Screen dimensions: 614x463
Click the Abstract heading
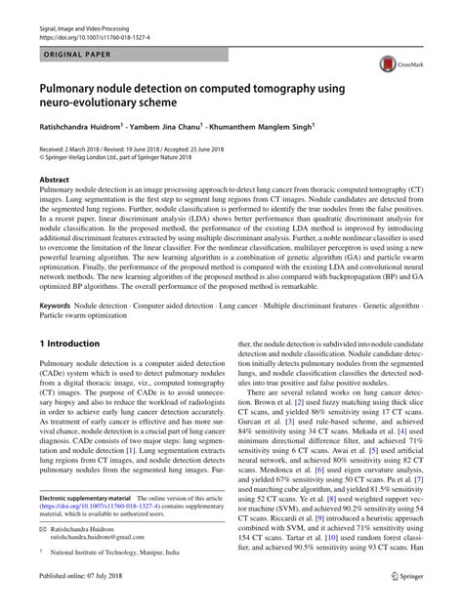tap(55, 181)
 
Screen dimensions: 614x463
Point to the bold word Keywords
tap(55, 306)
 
